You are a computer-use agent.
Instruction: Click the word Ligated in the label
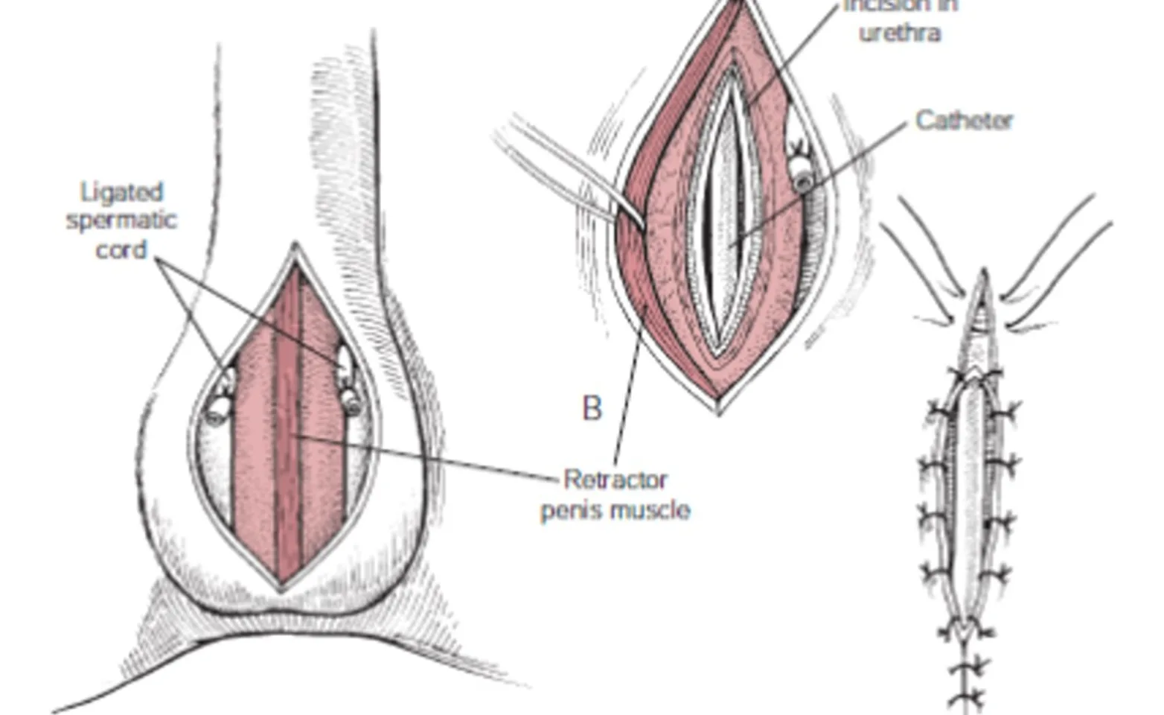121,192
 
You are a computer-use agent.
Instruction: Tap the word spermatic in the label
121,221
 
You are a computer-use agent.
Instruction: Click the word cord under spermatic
121,250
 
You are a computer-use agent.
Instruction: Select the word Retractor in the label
615,479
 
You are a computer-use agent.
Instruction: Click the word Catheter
964,120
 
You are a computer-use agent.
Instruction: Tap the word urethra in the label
900,33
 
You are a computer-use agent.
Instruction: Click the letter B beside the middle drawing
592,408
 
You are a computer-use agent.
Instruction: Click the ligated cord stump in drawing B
802,175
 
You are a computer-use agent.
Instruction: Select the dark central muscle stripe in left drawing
287,425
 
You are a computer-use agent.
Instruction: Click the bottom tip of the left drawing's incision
281,588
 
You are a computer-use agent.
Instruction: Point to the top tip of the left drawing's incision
295,246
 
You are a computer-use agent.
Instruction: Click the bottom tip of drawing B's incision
718,410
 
